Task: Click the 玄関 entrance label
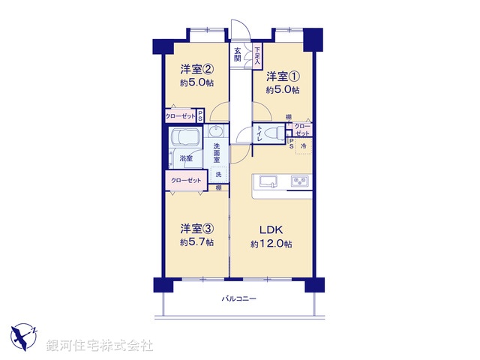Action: [x=238, y=55]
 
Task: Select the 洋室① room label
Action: [x=283, y=75]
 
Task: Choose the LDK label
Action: [x=271, y=229]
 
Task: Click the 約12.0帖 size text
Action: [x=271, y=244]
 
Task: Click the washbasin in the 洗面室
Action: [x=214, y=132]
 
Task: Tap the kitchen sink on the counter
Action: [x=268, y=181]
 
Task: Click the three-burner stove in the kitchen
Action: [x=299, y=181]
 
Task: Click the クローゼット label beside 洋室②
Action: [x=181, y=116]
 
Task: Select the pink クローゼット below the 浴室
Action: [x=186, y=181]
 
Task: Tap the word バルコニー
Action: [x=238, y=299]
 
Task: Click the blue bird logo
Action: [x=25, y=335]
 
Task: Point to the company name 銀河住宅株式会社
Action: [x=99, y=346]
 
